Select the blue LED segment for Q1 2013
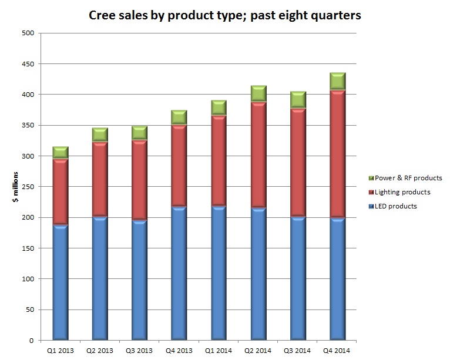tap(61, 282)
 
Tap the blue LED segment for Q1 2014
tap(219, 272)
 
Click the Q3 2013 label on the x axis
tap(139, 350)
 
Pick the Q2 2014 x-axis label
tap(258, 350)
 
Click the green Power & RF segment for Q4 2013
tap(179, 117)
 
